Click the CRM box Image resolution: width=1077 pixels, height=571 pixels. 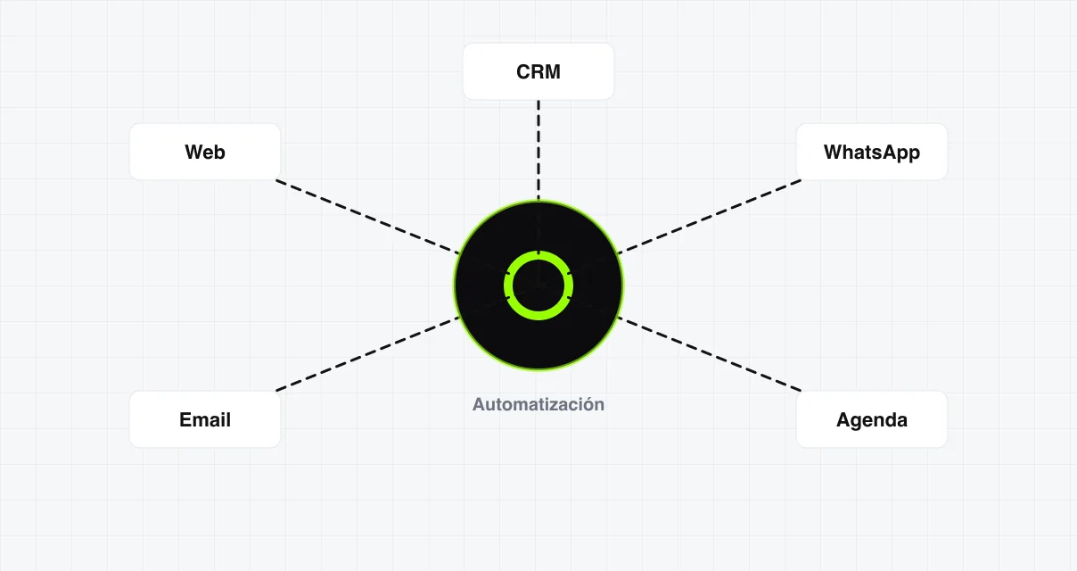[538, 71]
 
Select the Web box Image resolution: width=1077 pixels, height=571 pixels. [205, 152]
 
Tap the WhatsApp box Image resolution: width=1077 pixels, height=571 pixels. [872, 152]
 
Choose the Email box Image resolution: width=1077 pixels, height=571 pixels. [205, 419]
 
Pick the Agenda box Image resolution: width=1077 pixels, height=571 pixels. [872, 419]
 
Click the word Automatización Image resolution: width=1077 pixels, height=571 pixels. [538, 404]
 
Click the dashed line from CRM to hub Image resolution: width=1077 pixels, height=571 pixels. [538, 149]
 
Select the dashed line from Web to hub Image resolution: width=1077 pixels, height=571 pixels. [368, 217]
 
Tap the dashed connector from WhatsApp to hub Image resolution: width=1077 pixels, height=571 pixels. [709, 217]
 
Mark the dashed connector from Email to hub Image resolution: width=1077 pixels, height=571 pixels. [368, 353]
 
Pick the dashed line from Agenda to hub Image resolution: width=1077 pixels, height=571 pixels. [709, 353]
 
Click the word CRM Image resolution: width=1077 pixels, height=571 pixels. [538, 71]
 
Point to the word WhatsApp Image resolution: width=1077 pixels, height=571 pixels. [872, 153]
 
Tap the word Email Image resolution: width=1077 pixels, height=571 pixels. [205, 419]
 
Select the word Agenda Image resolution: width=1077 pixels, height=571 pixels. [872, 420]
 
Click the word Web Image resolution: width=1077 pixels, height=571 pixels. [205, 152]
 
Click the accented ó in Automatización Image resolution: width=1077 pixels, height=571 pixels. [586, 403]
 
